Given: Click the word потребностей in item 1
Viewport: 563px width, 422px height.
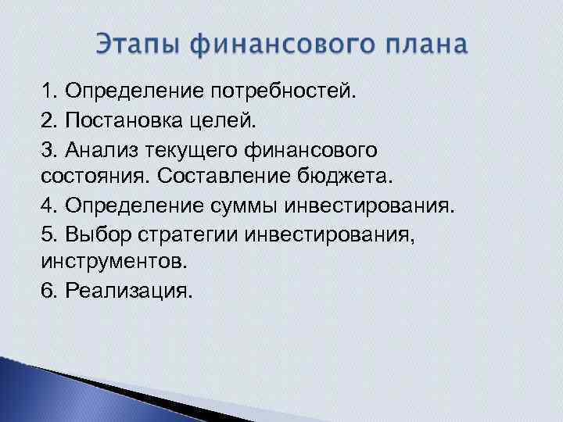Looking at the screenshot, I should (278, 92).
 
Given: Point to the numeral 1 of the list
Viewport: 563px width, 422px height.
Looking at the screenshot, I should (47, 92).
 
